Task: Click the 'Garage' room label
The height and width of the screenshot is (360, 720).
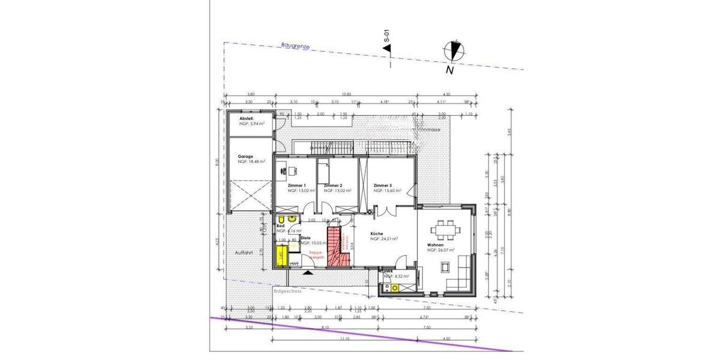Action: tap(246, 156)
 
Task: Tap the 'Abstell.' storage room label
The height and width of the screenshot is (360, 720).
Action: tap(247, 119)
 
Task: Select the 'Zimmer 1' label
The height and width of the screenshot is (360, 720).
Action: tap(297, 185)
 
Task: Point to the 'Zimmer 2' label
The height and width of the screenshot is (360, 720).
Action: tap(332, 185)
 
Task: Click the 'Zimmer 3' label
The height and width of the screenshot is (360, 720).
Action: tap(382, 185)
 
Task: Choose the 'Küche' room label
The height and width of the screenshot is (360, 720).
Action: tap(377, 233)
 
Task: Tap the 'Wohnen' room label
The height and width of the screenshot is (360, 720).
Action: tap(435, 245)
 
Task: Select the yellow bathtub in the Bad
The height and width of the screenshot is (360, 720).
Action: tap(280, 255)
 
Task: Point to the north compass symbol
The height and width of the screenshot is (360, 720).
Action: tap(454, 51)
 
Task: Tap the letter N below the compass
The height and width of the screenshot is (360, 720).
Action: tap(449, 70)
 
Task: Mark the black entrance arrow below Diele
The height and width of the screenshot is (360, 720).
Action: tap(308, 272)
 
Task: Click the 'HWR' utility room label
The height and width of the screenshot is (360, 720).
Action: tap(388, 271)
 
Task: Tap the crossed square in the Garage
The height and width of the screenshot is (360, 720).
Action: tap(248, 196)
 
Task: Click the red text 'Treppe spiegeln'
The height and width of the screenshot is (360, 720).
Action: tap(316, 254)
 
